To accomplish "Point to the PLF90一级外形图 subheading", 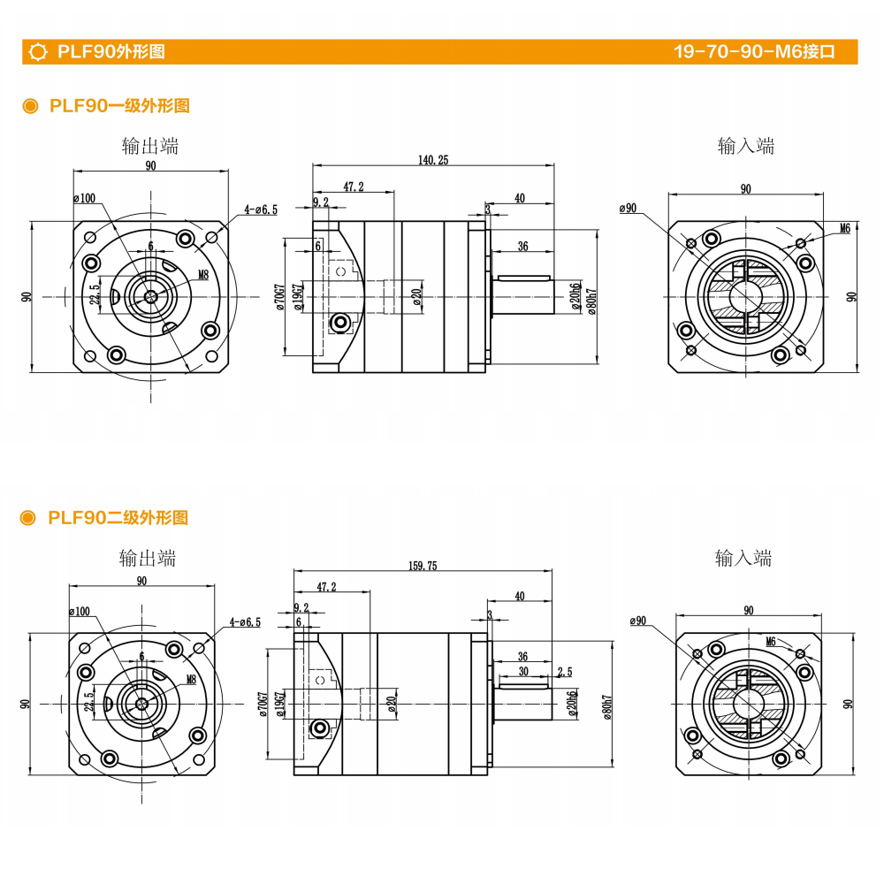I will point(119,106).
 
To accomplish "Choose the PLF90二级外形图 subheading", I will point(118,518).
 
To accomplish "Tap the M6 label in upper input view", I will point(844,228).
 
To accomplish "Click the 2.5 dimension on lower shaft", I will point(565,673).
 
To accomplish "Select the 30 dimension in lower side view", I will point(524,672).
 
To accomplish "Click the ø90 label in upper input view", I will point(628,209).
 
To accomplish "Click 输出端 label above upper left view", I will point(150,146).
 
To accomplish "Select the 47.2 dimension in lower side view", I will point(327,587).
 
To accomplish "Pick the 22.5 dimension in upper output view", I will point(95,298).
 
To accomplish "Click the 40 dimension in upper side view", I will point(519,199).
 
